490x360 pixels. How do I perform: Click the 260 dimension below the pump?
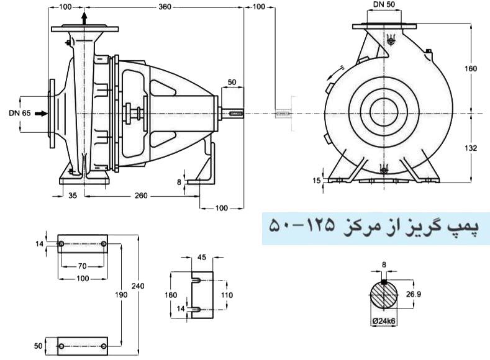pos(142,195)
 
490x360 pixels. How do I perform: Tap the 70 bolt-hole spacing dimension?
pos(82,266)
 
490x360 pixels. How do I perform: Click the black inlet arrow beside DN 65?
pos(40,114)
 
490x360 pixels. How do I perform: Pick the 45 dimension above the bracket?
pos(201,258)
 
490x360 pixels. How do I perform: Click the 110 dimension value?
pos(227,295)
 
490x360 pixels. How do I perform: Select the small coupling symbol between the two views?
pos(283,114)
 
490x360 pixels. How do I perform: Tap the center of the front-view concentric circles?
pos(387,113)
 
